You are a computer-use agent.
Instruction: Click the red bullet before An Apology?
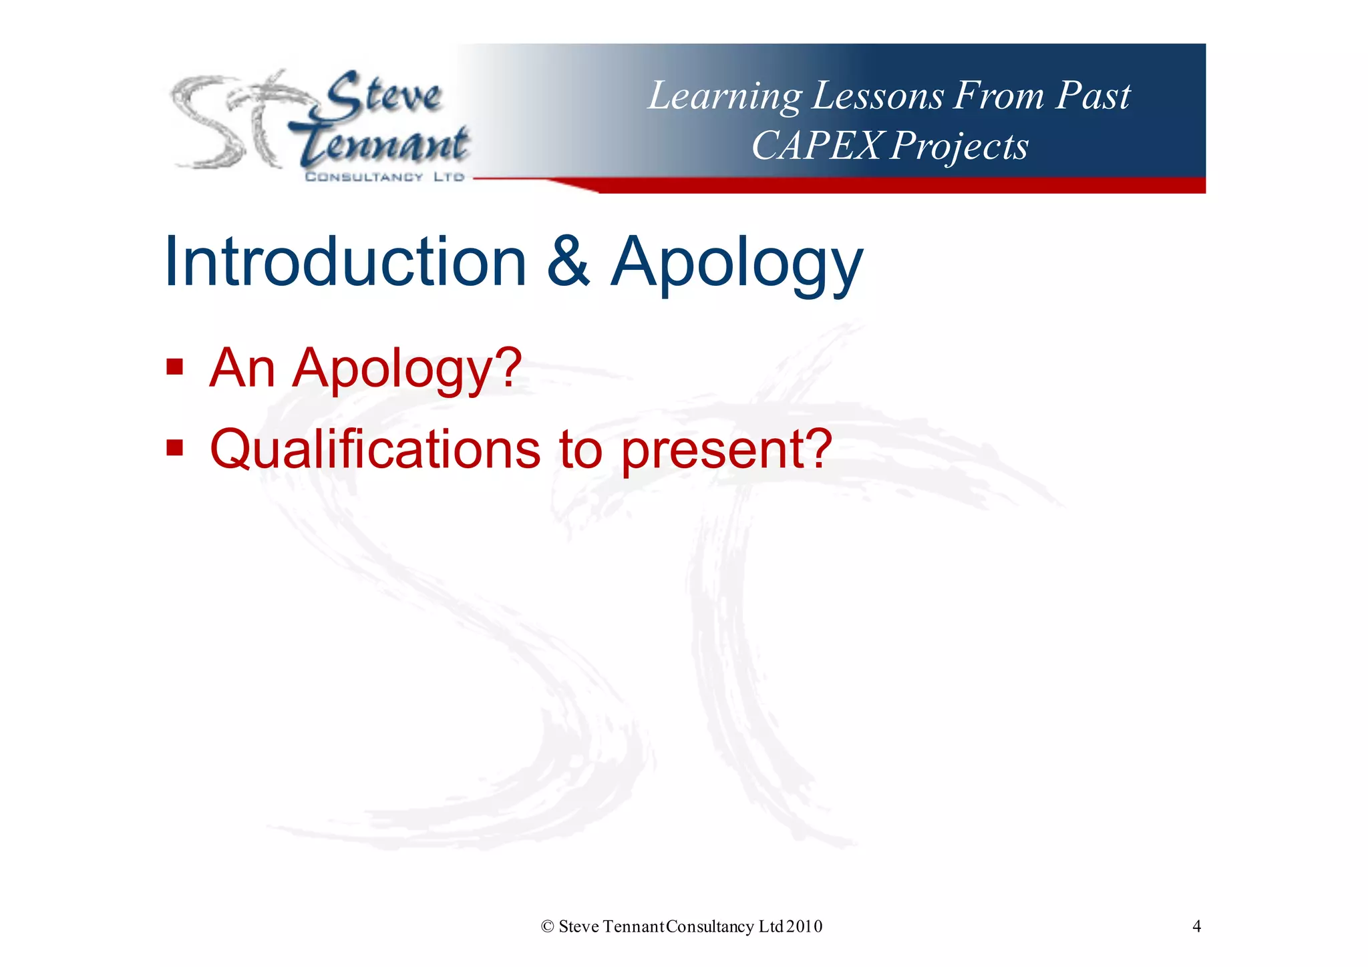[174, 367]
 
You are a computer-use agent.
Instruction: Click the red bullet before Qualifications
[174, 447]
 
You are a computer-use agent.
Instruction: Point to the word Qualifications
[375, 449]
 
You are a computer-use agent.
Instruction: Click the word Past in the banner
[1093, 95]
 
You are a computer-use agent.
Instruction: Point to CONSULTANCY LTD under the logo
[384, 177]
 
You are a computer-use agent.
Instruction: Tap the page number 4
[1196, 926]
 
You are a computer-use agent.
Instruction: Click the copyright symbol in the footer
[548, 926]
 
